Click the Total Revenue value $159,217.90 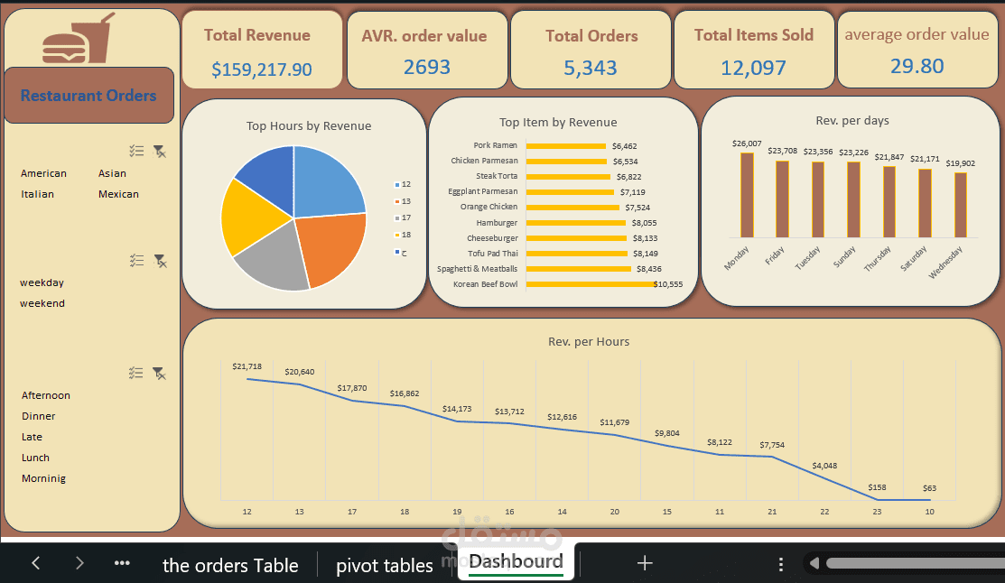[262, 69]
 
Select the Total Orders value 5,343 [591, 68]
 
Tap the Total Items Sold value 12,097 [753, 68]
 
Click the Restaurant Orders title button [88, 96]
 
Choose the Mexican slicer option [118, 194]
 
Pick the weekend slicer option [42, 303]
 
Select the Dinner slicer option [39, 416]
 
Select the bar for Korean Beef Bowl [590, 284]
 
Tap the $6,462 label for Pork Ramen [624, 145]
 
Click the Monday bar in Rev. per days [747, 195]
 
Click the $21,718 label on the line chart [247, 366]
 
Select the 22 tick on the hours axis [824, 512]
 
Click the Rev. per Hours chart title [589, 342]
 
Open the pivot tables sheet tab [385, 565]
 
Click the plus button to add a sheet [645, 563]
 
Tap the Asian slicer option [112, 173]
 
